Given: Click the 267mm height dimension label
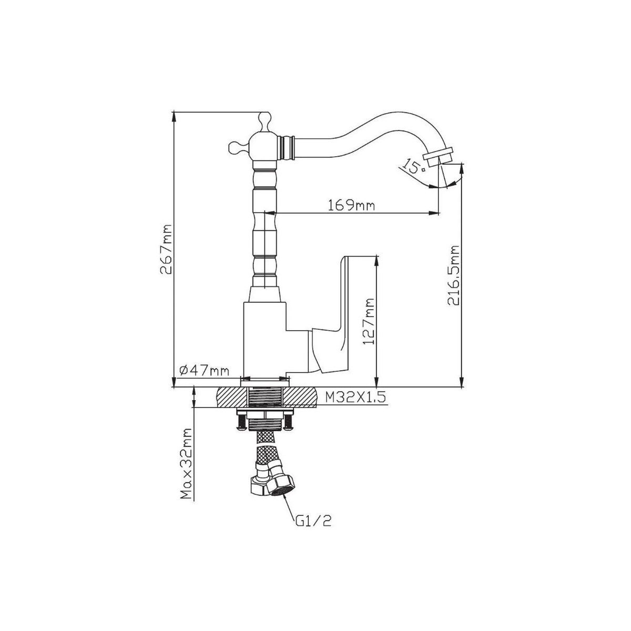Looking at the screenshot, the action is pos(166,249).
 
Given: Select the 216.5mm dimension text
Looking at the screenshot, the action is pos(453,276).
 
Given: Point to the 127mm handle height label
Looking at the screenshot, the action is pos(369,321).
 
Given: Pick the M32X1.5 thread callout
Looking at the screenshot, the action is pos(356,398).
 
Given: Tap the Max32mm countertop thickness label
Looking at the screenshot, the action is pos(187,468).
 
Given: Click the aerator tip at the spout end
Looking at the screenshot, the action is pos(439,155).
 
